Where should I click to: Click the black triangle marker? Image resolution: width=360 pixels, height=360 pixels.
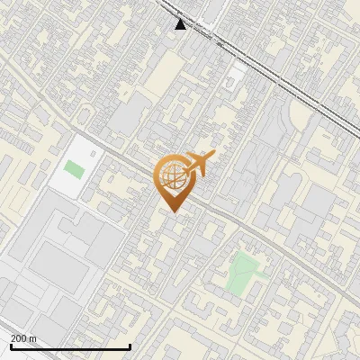click(x=181, y=24)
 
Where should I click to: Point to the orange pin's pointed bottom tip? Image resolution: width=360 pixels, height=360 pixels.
click(x=174, y=211)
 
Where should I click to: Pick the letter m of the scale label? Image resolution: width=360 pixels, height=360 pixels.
click(x=33, y=338)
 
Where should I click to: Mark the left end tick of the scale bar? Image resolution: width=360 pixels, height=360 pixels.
click(x=10, y=346)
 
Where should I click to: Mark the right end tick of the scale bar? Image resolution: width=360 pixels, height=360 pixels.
click(x=130, y=346)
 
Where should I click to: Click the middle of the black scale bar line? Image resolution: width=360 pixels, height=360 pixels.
click(x=70, y=347)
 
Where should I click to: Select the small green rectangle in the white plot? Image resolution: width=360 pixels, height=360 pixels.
click(x=74, y=168)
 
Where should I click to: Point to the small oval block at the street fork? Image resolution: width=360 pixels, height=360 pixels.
click(x=86, y=113)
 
